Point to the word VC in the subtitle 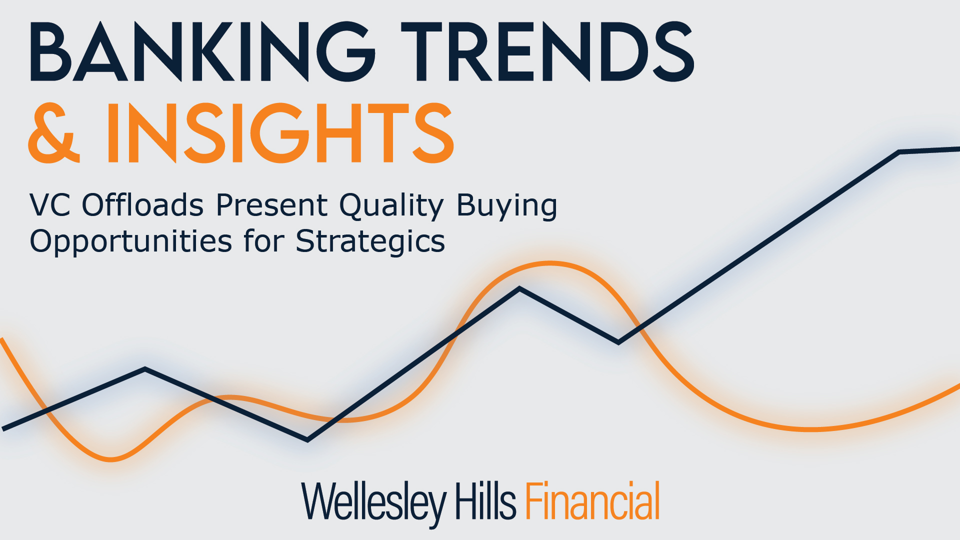click(50, 205)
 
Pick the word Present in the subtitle click(271, 205)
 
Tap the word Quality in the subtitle click(391, 206)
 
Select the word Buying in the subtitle click(507, 206)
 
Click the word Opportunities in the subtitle click(131, 242)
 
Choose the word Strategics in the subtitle click(370, 242)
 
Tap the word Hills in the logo click(485, 501)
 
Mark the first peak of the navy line click(145, 369)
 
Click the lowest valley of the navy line click(307, 440)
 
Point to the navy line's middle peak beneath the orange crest click(519, 288)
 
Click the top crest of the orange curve click(550, 263)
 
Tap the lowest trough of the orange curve click(111, 459)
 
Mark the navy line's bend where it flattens click(899, 151)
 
